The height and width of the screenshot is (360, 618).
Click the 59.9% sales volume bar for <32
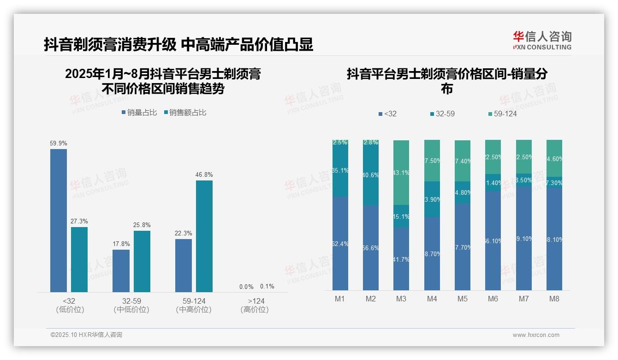tap(59, 221)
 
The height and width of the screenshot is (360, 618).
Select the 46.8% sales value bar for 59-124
tap(204, 236)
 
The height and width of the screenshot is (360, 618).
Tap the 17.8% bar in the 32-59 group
tap(121, 271)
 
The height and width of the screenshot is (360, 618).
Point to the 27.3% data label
tap(79, 221)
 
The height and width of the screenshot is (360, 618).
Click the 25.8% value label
tap(142, 225)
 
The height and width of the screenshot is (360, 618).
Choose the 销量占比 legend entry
tap(139, 113)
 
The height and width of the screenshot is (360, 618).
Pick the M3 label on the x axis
tap(401, 299)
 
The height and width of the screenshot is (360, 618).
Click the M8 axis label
tap(554, 299)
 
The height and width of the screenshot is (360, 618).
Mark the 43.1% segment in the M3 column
tap(401, 173)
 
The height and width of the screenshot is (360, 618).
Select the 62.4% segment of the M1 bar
tap(340, 244)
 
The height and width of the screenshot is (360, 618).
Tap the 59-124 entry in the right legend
tap(502, 114)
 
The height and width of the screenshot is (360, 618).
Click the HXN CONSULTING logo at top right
tap(542, 41)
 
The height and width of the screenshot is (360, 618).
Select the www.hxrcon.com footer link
tap(536, 335)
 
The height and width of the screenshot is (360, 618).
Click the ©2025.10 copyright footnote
tap(86, 335)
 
